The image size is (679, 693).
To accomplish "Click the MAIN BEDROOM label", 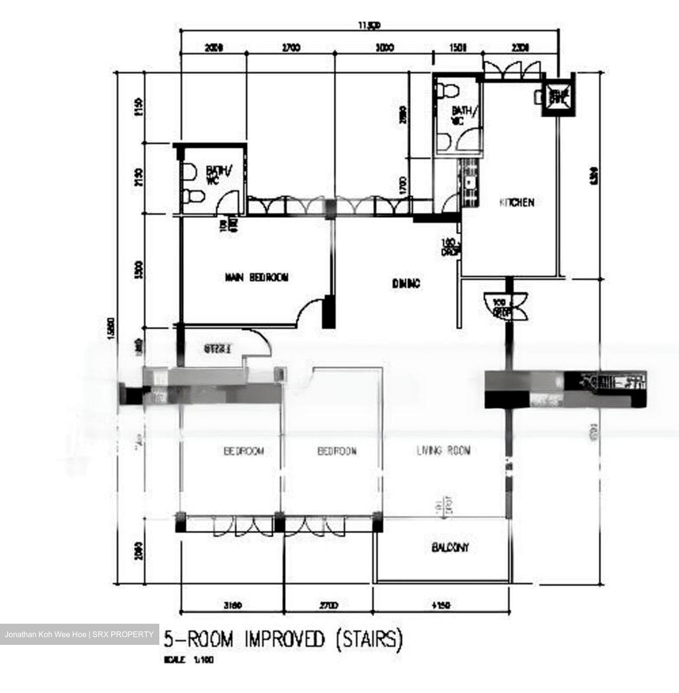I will point(256,278).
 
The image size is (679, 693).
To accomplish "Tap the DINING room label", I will point(406,284).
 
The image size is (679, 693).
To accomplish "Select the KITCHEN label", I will point(517,203).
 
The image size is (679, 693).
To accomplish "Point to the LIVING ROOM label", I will point(443,451).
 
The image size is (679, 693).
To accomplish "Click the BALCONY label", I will point(450,548).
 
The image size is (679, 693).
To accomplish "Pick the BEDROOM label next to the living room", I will point(337,451).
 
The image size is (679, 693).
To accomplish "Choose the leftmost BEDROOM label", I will point(244,451).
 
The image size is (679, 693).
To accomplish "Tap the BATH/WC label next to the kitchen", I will point(464,115).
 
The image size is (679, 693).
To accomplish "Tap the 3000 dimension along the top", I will point(384,48).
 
